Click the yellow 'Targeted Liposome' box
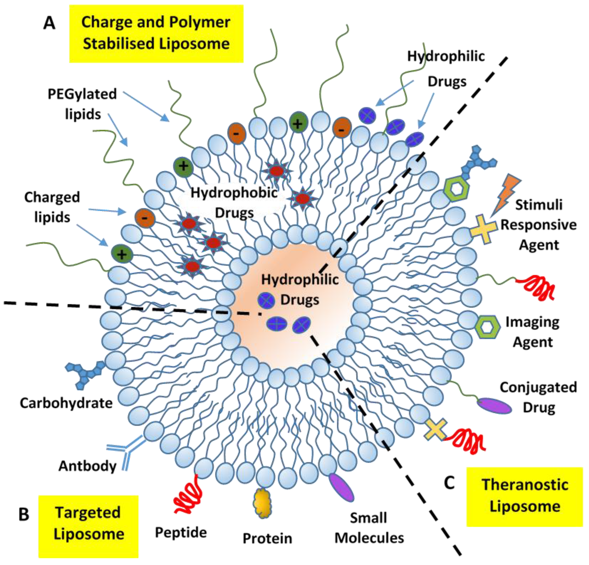click(x=88, y=524)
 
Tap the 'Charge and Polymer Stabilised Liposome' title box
click(x=156, y=34)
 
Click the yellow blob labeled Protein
click(x=263, y=503)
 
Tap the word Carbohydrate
click(x=66, y=403)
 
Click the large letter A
click(x=49, y=23)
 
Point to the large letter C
click(x=449, y=483)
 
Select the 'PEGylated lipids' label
click(x=82, y=104)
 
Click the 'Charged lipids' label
click(x=52, y=207)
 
